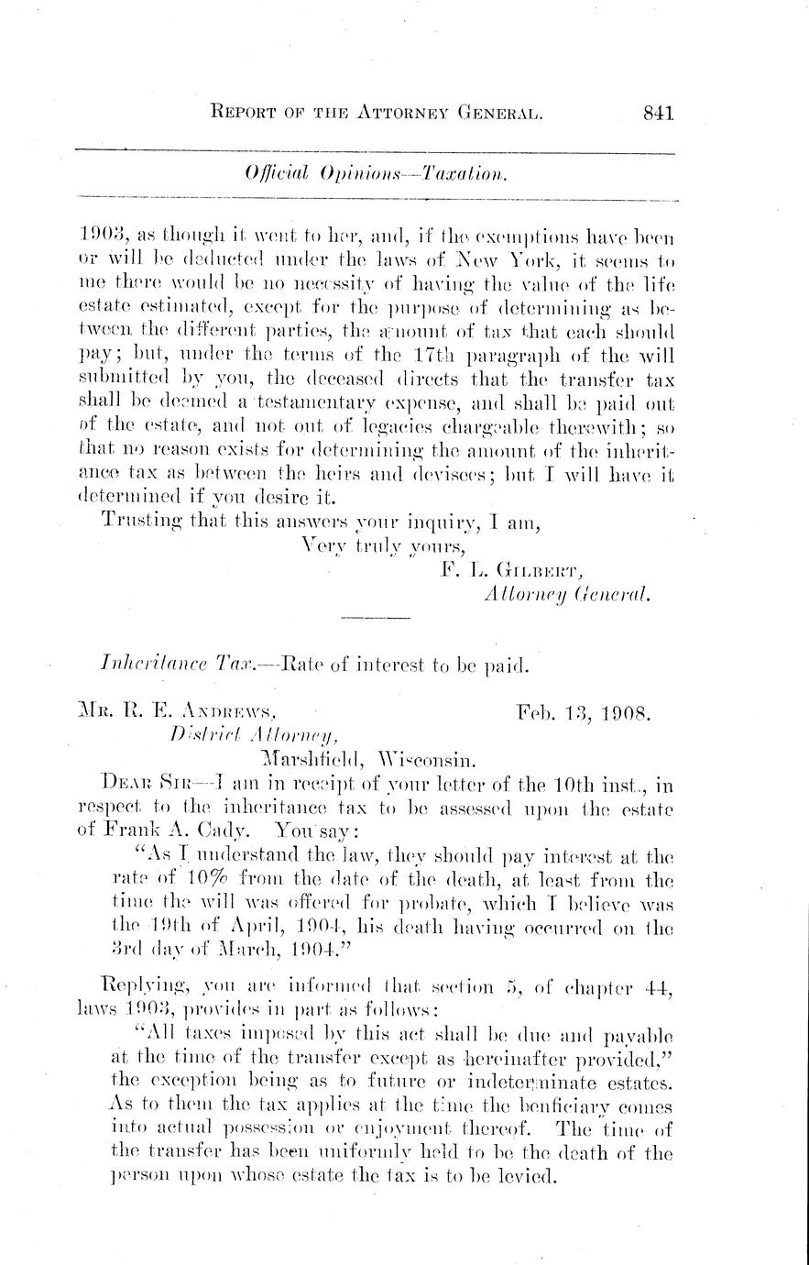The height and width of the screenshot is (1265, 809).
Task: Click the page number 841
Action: pos(658,114)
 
